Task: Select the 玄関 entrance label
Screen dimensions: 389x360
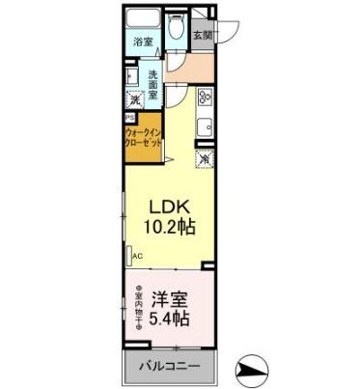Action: point(203,38)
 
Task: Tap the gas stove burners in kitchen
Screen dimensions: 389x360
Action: point(206,97)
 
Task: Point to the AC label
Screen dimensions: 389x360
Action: point(137,257)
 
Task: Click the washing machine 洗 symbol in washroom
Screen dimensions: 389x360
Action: point(135,98)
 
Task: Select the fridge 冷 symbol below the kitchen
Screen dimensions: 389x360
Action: point(205,158)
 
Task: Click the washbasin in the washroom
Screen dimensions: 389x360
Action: point(130,75)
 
